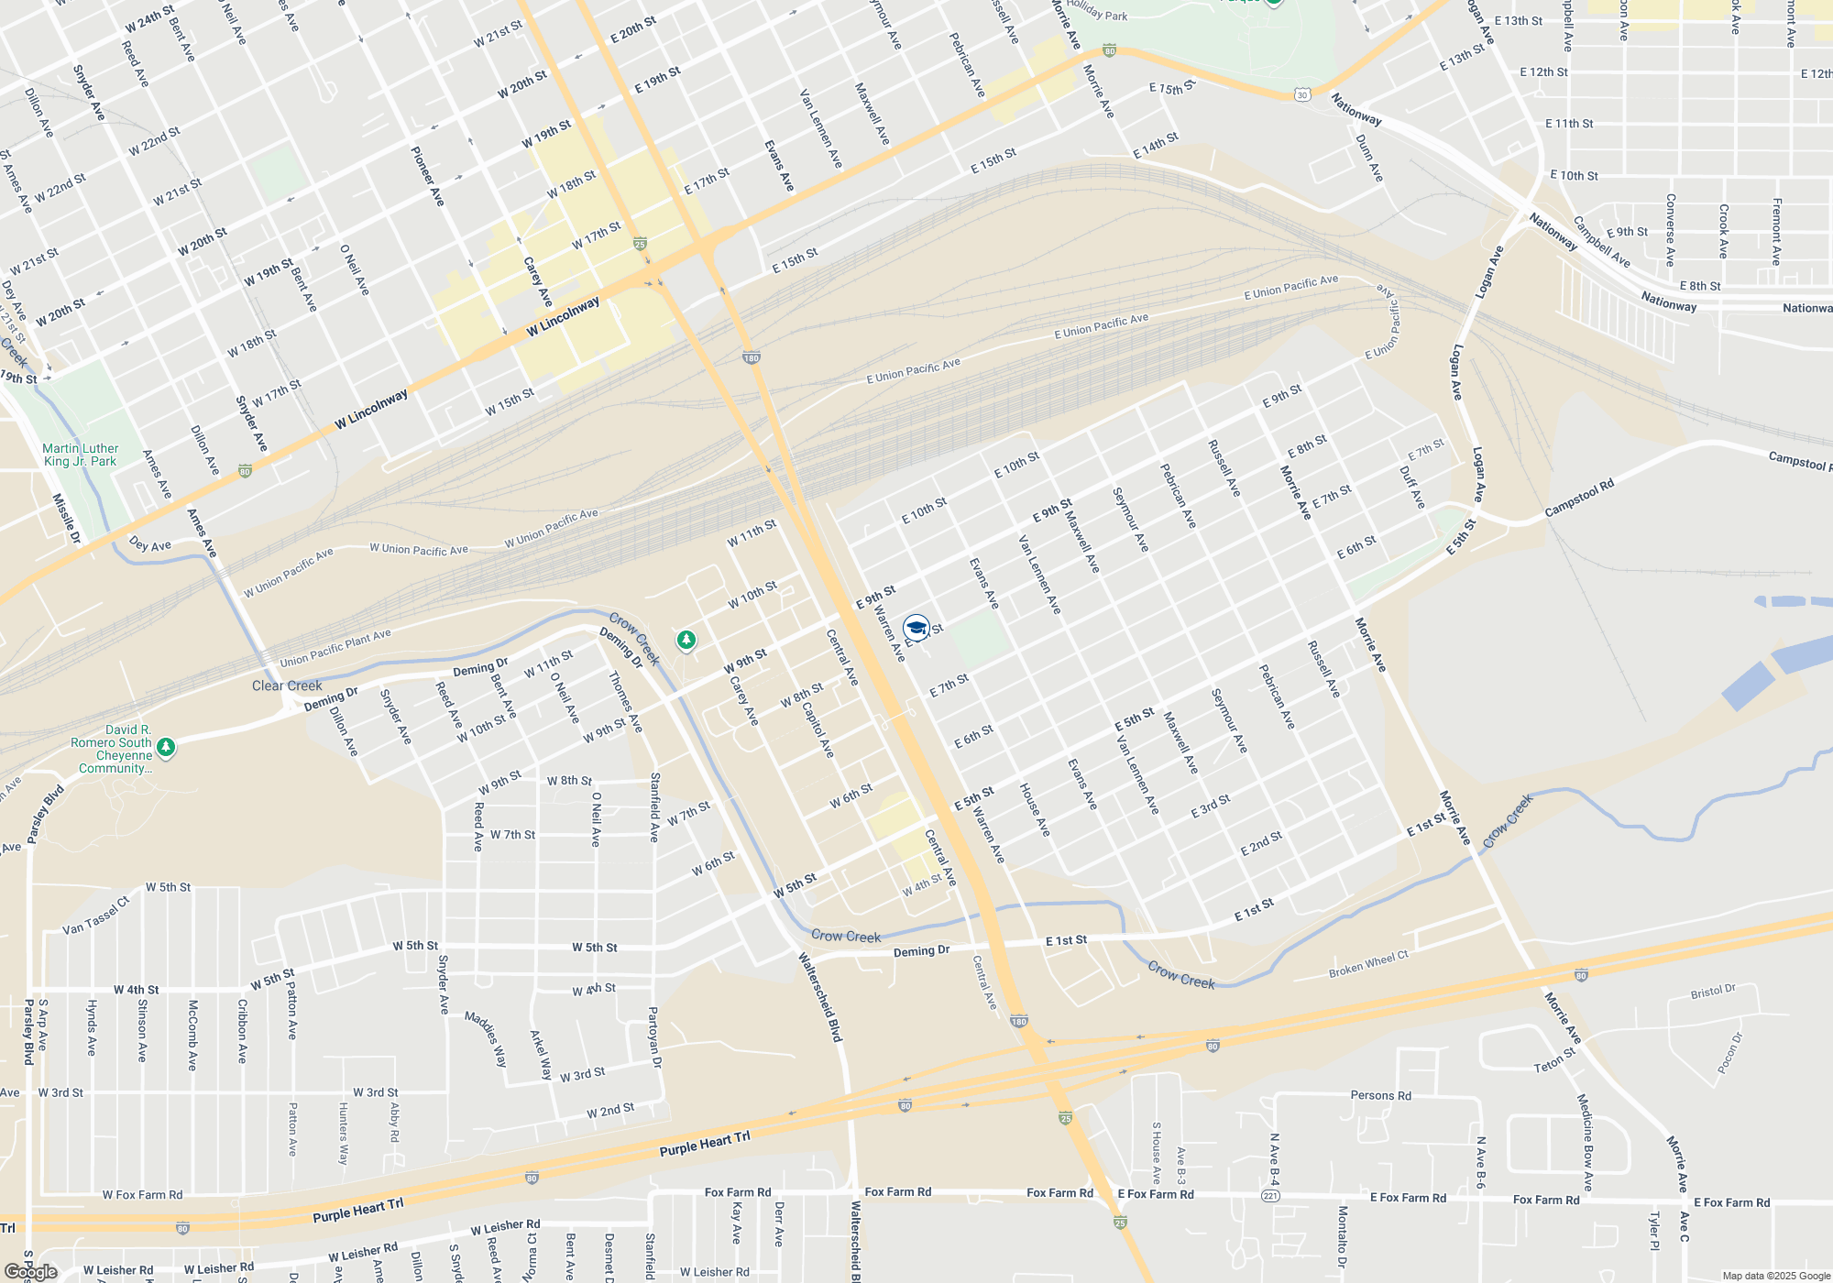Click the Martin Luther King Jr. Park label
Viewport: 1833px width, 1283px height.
[80, 455]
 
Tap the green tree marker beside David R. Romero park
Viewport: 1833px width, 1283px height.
[166, 748]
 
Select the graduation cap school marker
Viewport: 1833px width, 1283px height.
[916, 628]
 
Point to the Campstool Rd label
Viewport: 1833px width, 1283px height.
[1578, 498]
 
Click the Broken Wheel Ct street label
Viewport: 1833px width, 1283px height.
[1368, 964]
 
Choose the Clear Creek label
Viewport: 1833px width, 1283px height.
[287, 685]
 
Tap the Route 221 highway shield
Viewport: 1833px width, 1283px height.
[1270, 1196]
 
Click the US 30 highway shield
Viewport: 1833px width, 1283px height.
[1302, 94]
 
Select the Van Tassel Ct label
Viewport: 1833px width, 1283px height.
[96, 916]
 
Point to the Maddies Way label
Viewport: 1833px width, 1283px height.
[486, 1039]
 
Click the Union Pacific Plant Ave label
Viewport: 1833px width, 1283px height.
[335, 647]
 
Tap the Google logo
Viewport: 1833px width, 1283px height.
[30, 1272]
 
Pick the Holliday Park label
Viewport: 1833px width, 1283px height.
[1097, 11]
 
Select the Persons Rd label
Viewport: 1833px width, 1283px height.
[1380, 1095]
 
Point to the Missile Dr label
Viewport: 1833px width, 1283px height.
[66, 518]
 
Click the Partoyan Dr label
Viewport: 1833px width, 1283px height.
[653, 1037]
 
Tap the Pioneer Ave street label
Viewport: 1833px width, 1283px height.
[427, 176]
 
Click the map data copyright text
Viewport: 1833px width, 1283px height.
[1775, 1276]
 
